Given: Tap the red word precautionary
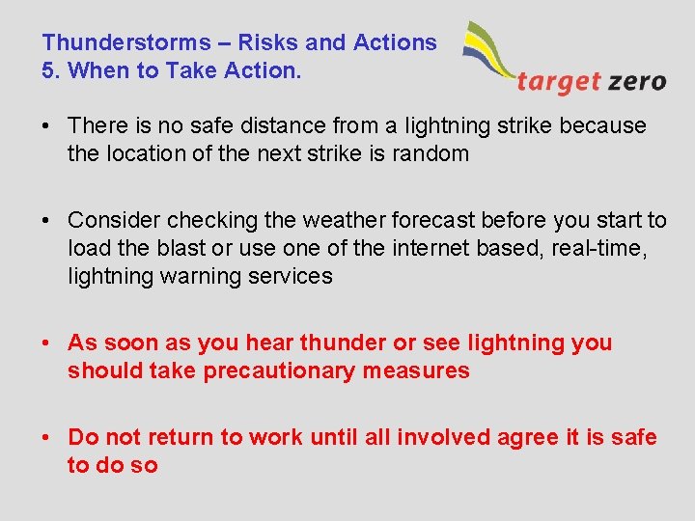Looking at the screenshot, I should point(280,370).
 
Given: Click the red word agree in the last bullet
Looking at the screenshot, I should point(528,438).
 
